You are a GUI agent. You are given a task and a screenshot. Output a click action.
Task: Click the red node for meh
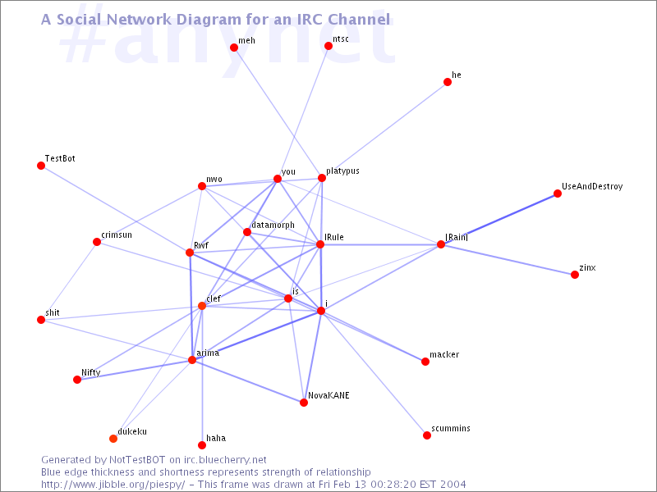click(234, 48)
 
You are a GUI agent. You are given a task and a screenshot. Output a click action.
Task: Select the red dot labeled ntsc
click(328, 46)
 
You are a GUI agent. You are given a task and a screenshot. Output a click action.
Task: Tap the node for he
click(448, 82)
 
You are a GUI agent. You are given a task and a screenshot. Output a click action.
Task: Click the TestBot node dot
click(41, 166)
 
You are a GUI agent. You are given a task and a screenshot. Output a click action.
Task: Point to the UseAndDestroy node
click(558, 194)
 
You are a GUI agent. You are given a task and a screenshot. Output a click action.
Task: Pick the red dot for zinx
click(575, 275)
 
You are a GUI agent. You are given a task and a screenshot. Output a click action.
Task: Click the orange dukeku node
click(113, 439)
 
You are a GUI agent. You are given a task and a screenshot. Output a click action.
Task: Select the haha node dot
click(202, 445)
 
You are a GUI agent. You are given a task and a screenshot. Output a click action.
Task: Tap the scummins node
click(427, 435)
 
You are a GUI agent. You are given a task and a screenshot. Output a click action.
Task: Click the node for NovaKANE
click(304, 403)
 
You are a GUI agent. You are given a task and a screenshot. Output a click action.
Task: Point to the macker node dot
click(425, 362)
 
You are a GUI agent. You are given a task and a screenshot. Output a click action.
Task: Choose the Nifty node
click(77, 380)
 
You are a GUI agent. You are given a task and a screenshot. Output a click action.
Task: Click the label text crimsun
click(117, 235)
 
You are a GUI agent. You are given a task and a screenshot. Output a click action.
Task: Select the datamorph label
click(273, 225)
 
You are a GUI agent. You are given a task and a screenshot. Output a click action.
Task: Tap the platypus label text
click(342, 171)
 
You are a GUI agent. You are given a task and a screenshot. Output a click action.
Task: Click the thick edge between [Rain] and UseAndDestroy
click(499, 219)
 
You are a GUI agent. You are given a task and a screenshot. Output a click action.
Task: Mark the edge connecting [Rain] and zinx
click(508, 259)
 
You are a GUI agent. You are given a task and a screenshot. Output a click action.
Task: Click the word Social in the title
click(79, 19)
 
